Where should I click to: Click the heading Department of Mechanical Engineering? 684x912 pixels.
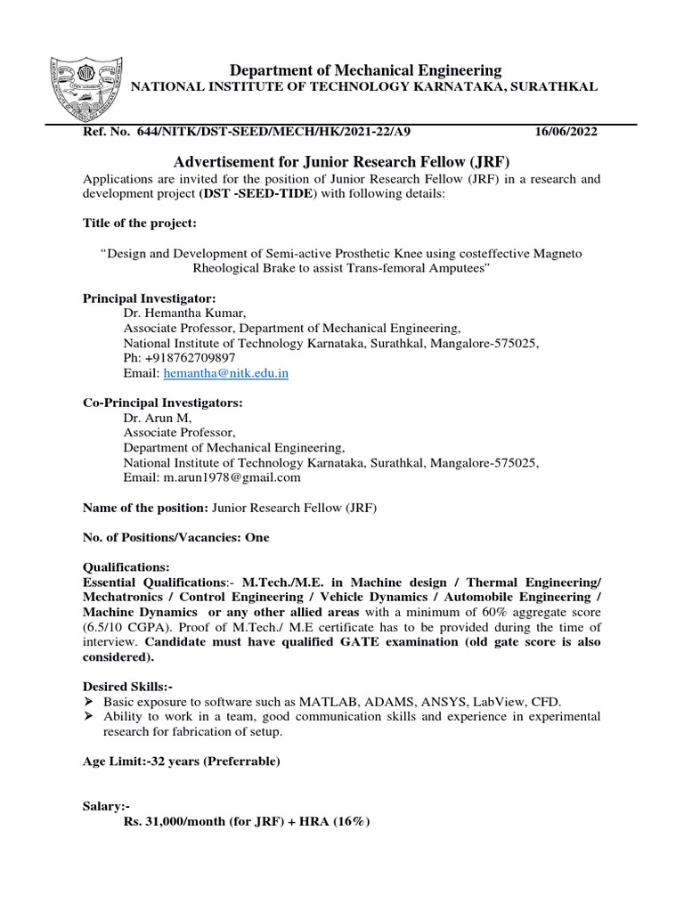coord(366,69)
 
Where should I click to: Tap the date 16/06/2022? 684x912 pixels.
coord(566,132)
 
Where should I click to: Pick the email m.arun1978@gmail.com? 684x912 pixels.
coord(231,477)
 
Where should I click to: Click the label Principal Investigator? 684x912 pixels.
coord(149,297)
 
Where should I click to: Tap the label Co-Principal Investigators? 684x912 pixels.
coord(162,402)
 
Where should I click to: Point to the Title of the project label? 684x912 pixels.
coord(140,223)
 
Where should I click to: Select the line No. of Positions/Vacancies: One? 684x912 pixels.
coord(175,537)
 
